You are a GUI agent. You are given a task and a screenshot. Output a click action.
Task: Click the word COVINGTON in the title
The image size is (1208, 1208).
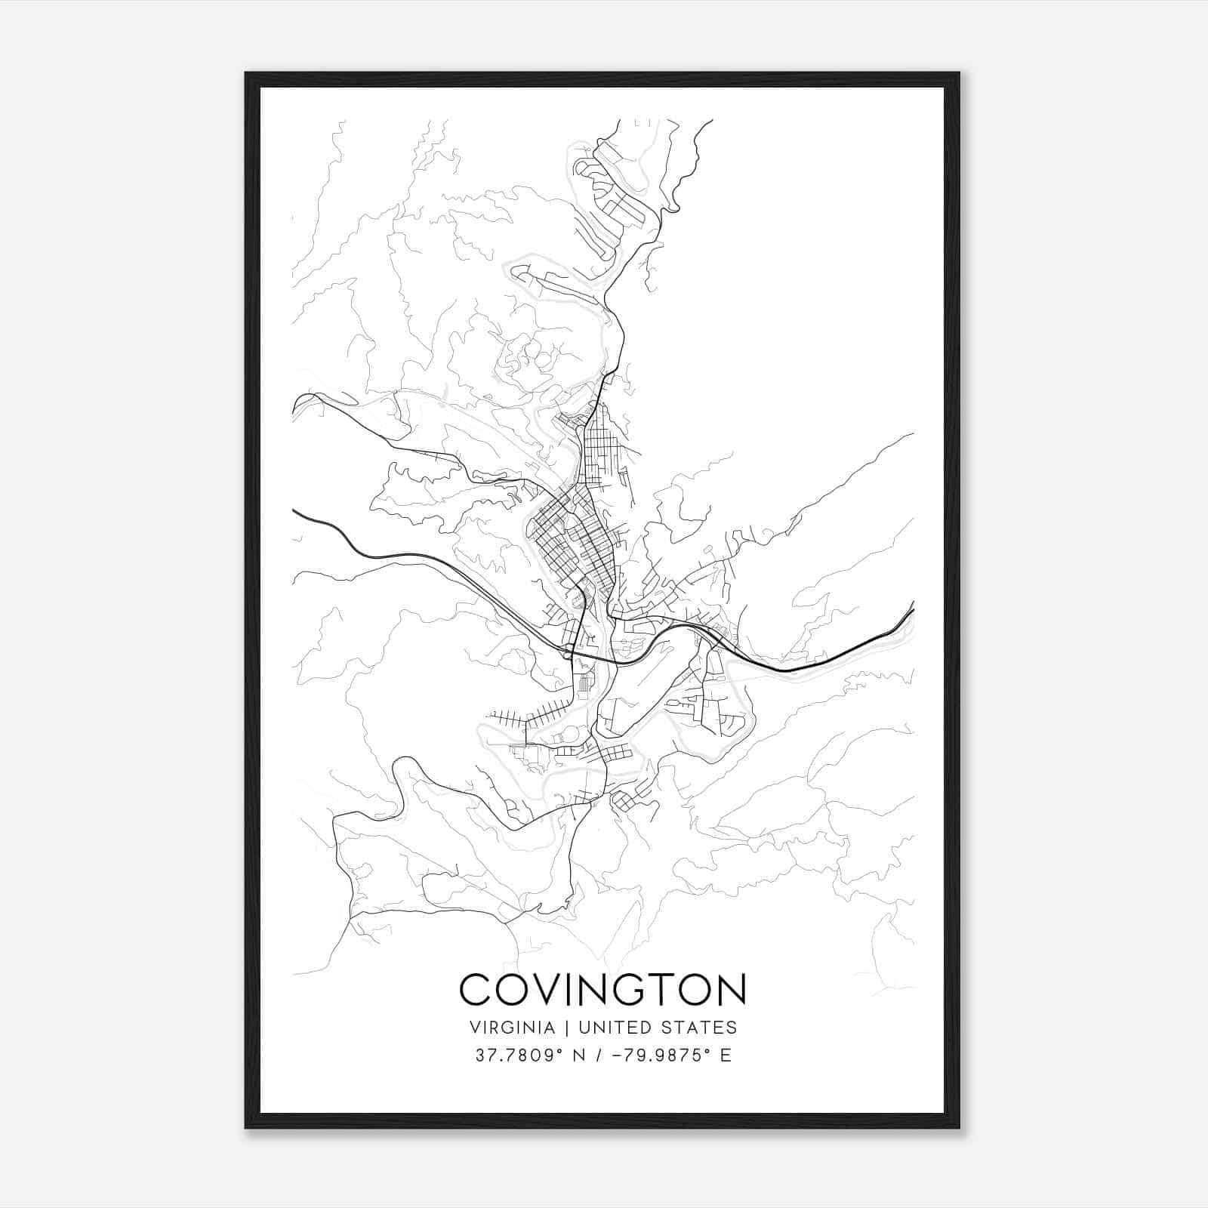pyautogui.click(x=602, y=990)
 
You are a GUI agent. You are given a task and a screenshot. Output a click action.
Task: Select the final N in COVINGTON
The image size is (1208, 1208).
pyautogui.click(x=730, y=990)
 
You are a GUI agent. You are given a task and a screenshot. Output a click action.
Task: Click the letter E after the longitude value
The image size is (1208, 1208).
pyautogui.click(x=726, y=1055)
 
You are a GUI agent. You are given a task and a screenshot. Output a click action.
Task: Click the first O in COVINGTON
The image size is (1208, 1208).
pyautogui.click(x=514, y=990)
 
